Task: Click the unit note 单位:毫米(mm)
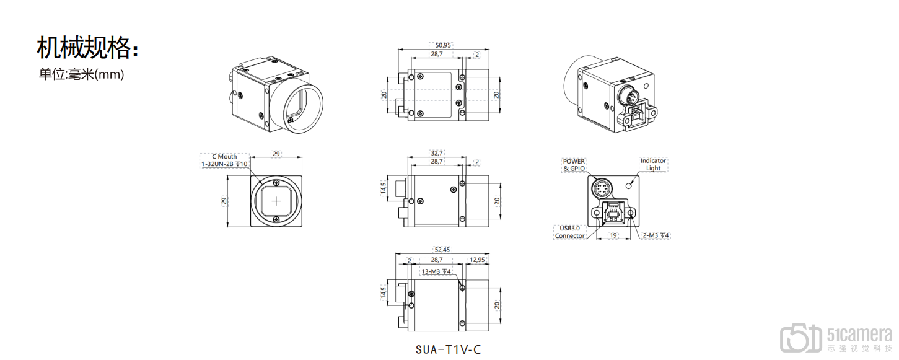81,74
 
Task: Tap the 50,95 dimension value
443,45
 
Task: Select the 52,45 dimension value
442,250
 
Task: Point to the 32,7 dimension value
437,153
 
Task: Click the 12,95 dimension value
477,260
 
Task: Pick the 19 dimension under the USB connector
613,235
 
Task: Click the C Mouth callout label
224,157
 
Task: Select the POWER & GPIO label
574,165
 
